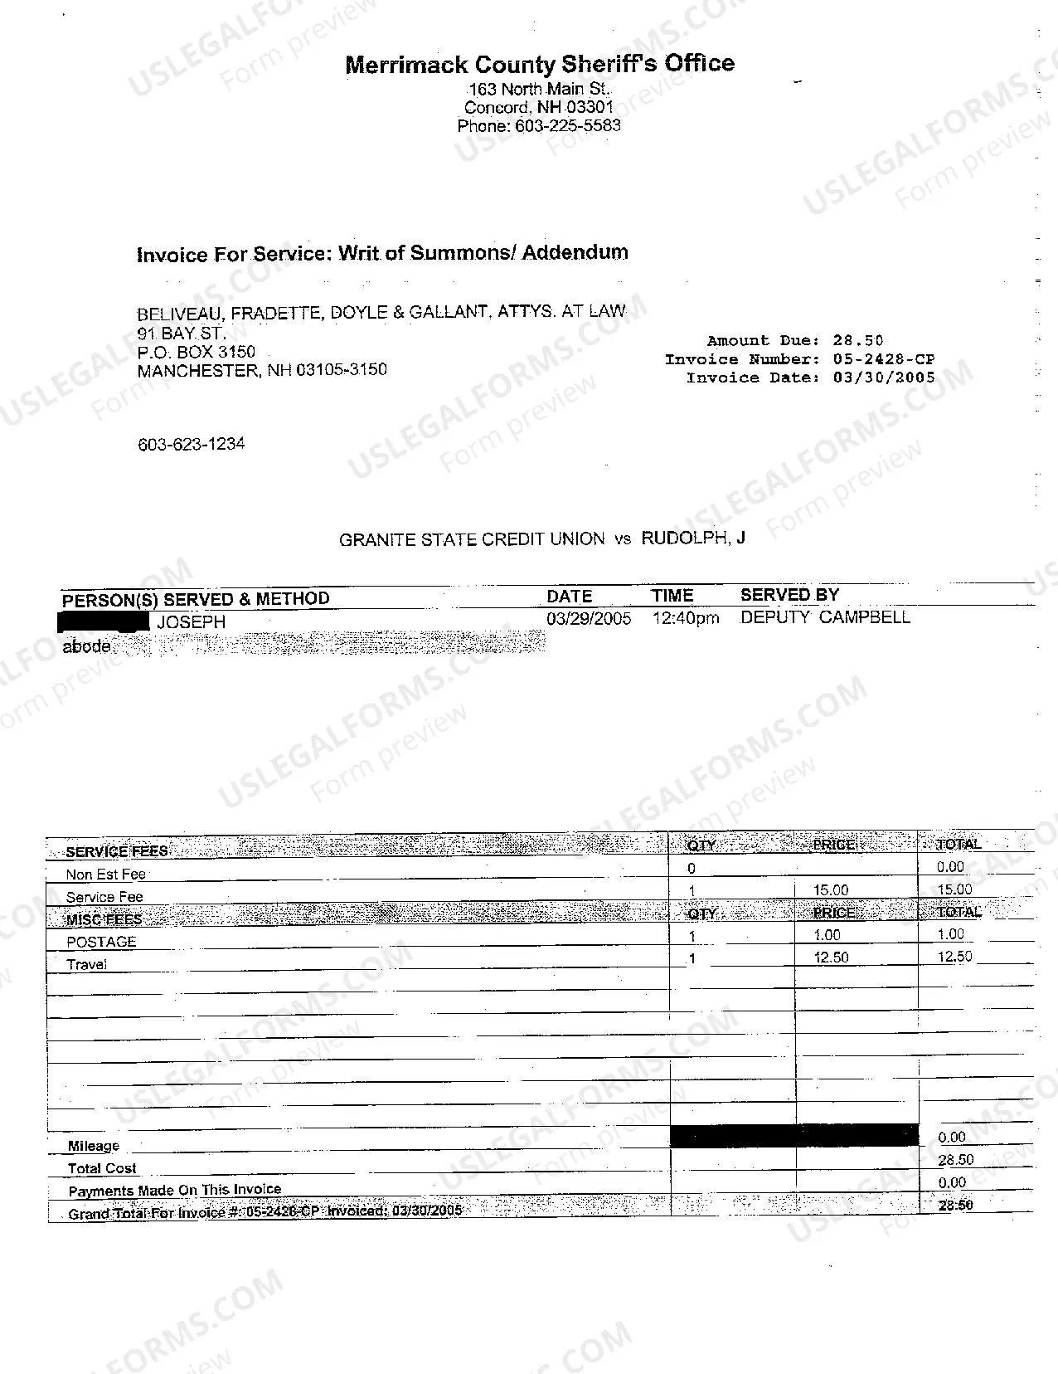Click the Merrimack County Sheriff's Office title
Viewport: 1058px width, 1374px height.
click(x=540, y=64)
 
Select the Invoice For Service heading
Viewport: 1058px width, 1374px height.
click(x=382, y=253)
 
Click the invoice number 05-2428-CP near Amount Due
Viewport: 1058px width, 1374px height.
click(x=884, y=359)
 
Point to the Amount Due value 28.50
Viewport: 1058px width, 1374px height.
click(x=858, y=340)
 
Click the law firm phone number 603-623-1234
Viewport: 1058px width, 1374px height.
click(x=192, y=445)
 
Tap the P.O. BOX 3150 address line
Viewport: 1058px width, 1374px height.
click(x=197, y=352)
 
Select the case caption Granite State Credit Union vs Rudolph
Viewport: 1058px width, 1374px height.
click(x=542, y=539)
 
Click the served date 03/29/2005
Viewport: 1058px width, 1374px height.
click(x=589, y=619)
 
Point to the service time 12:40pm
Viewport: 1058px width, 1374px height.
click(x=686, y=619)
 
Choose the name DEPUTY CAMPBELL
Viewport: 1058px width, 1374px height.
click(x=825, y=617)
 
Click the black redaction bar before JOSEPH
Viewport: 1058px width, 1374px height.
click(x=103, y=621)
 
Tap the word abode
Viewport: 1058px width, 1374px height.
click(x=86, y=646)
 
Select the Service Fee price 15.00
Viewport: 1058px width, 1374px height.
click(x=831, y=890)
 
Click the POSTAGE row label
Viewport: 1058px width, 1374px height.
click(x=101, y=942)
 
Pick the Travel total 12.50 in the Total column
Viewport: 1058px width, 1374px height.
click(x=954, y=957)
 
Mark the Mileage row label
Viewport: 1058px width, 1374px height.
click(x=94, y=1146)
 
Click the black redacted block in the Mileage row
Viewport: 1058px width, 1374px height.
click(x=793, y=1136)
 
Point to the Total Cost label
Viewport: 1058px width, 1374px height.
click(x=102, y=1168)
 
